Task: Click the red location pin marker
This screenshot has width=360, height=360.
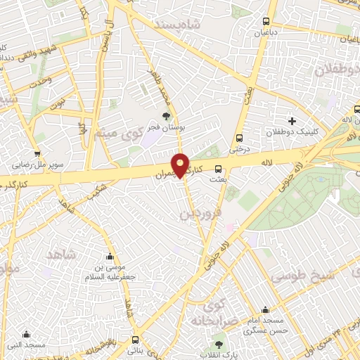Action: (180, 165)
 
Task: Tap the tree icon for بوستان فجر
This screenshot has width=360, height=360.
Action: (166, 116)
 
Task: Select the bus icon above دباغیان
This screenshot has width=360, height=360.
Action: (266, 21)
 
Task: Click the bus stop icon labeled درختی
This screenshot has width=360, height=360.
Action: (240, 138)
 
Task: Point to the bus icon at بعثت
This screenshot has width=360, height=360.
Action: (218, 169)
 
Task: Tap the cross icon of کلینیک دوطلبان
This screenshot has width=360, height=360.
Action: (292, 121)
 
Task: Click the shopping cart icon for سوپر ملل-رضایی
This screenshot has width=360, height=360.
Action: (36, 154)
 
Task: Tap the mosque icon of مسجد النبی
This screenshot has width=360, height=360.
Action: (27, 334)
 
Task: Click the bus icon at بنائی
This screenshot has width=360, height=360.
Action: (135, 340)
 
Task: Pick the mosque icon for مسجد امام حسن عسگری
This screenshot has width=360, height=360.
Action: (265, 310)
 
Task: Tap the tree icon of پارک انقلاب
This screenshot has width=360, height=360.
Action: (218, 345)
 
